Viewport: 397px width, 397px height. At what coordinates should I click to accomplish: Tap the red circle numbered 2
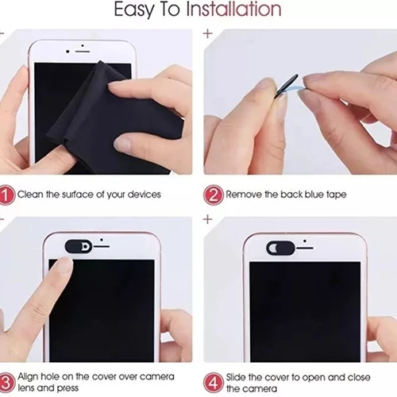[x=212, y=194]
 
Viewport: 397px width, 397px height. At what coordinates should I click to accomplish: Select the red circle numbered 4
[x=212, y=380]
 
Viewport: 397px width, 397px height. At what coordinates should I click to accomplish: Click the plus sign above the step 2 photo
[x=208, y=35]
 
